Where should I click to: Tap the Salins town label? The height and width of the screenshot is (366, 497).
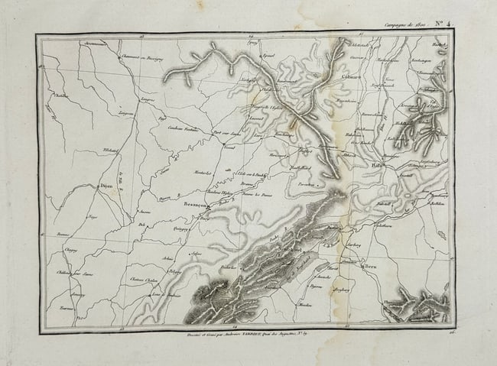click(197, 253)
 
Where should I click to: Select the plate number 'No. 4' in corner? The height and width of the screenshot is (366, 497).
click(441, 24)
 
